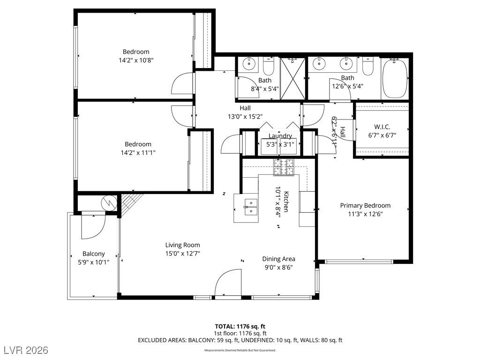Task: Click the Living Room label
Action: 182,245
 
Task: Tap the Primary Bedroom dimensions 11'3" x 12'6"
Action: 365,214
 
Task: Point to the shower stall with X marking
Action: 293,79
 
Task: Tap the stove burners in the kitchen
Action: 284,167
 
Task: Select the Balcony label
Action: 93,254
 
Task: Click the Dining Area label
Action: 278,259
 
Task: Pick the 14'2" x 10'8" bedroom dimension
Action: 136,60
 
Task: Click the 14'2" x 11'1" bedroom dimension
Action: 138,152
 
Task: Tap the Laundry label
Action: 280,136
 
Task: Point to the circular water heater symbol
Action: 109,203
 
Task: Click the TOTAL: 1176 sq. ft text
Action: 240,326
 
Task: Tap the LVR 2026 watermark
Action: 28,350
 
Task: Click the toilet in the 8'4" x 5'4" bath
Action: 268,67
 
